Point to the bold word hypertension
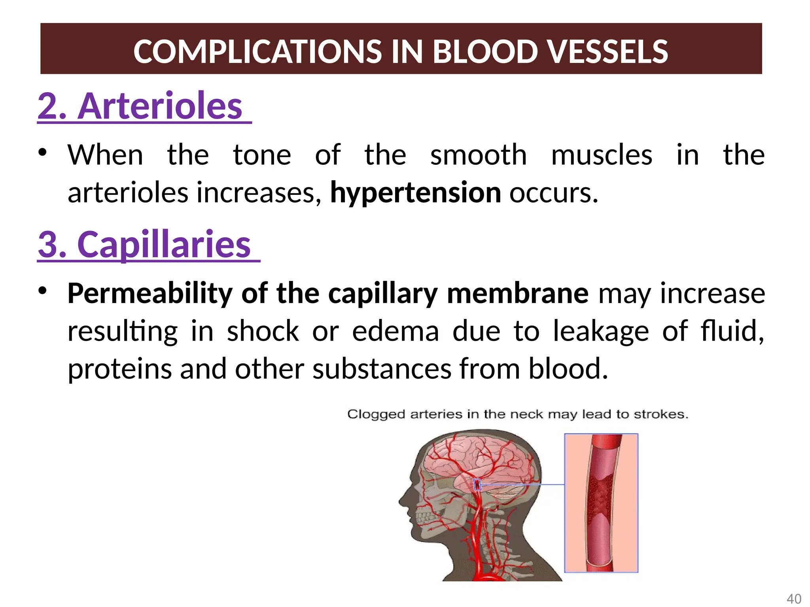click(416, 193)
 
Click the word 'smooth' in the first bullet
click(479, 155)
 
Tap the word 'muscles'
click(602, 155)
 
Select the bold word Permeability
click(150, 294)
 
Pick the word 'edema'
click(396, 331)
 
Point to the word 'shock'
click(263, 331)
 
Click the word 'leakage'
click(601, 331)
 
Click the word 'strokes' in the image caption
click(661, 414)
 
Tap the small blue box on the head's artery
click(477, 484)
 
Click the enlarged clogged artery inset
click(601, 503)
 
